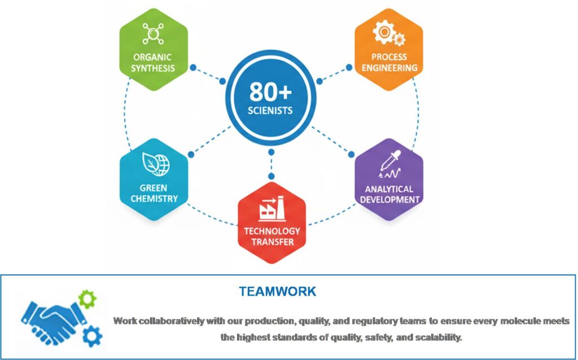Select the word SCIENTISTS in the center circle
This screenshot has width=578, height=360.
(x=270, y=111)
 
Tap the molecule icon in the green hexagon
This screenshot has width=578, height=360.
(x=153, y=33)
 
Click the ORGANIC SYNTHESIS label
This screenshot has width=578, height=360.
(x=153, y=63)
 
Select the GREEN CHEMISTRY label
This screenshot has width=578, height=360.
(x=154, y=194)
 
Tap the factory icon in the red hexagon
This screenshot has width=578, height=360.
(x=272, y=208)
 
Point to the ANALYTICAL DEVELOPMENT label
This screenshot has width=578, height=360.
(x=390, y=194)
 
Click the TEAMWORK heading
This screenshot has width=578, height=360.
(x=277, y=292)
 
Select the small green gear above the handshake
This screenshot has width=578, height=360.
(x=87, y=298)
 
